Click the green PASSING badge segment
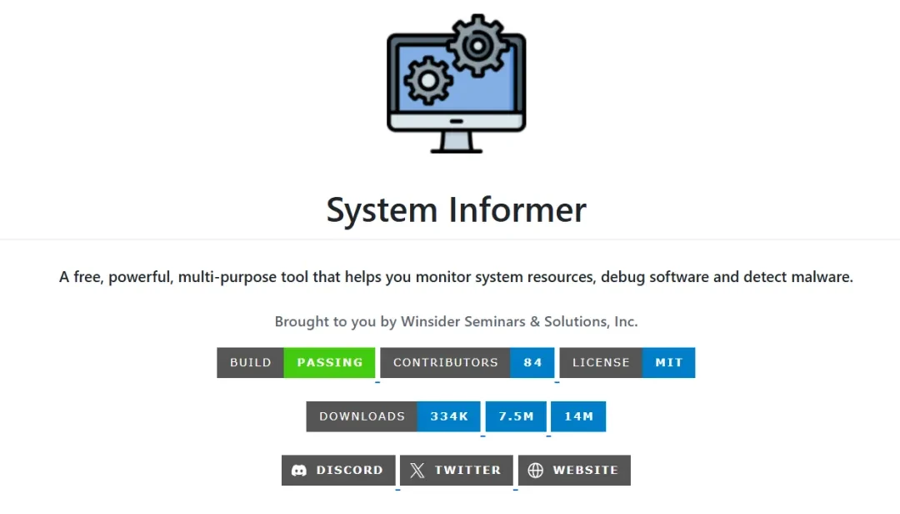[329, 362]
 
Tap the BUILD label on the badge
[250, 362]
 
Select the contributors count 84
[532, 362]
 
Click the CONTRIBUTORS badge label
[445, 362]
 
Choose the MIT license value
[668, 362]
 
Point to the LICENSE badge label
[601, 362]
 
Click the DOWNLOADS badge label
[362, 416]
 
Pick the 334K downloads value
[449, 416]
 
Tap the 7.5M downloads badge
[516, 416]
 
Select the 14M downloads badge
[578, 416]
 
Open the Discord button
[338, 471]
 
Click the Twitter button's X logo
[417, 471]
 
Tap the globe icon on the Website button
[536, 471]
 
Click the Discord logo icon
[299, 471]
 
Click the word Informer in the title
[517, 209]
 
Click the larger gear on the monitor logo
[477, 46]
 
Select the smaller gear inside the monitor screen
[428, 80]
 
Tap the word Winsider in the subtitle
[430, 321]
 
